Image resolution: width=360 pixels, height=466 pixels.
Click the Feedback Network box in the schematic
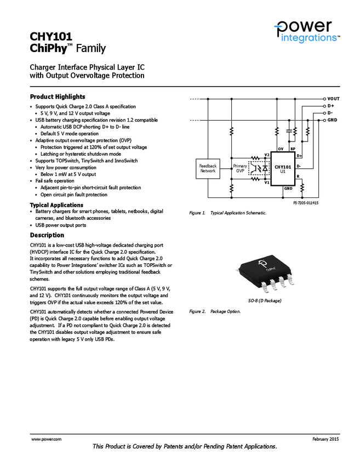pyautogui.click(x=208, y=168)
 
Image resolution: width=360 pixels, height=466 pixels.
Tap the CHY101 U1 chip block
pyautogui.click(x=283, y=168)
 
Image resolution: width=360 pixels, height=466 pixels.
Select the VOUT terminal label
pyautogui.click(x=333, y=99)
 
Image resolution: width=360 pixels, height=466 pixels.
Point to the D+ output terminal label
pyautogui.click(x=331, y=106)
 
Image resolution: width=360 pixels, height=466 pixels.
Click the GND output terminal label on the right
pyautogui.click(x=332, y=120)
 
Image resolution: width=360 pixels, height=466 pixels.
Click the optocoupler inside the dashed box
pyautogui.click(x=258, y=168)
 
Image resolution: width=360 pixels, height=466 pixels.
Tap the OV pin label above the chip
pyautogui.click(x=280, y=149)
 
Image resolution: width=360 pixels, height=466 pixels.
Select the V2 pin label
pyautogui.click(x=267, y=155)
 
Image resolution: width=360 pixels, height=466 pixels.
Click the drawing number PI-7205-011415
pyautogui.click(x=306, y=203)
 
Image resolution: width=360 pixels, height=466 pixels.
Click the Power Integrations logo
pyautogui.click(x=307, y=31)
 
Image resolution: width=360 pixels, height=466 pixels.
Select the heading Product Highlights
pyautogui.click(x=58, y=96)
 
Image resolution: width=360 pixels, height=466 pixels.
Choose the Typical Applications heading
pyautogui.click(x=56, y=205)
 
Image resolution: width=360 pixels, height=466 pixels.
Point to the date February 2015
pyautogui.click(x=326, y=440)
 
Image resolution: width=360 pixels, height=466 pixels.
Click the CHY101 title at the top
pyautogui.click(x=51, y=37)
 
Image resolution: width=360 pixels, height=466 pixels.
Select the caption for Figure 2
pyautogui.click(x=215, y=311)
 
